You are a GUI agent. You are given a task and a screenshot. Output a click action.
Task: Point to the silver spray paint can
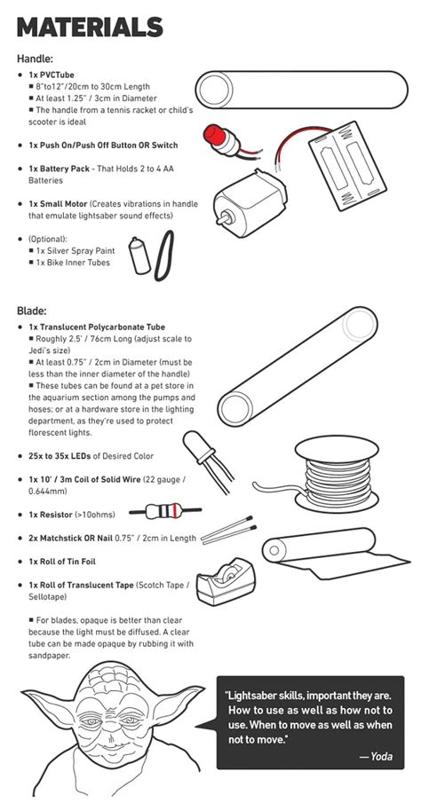[x=138, y=256]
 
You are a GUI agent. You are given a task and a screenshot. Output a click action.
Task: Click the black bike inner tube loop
[x=165, y=255]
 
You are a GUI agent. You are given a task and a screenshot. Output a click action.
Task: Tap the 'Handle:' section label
[x=35, y=59]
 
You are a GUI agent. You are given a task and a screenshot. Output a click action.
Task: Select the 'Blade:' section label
[x=32, y=311]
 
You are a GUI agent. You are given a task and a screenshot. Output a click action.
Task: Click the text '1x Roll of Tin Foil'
[x=75, y=562]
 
